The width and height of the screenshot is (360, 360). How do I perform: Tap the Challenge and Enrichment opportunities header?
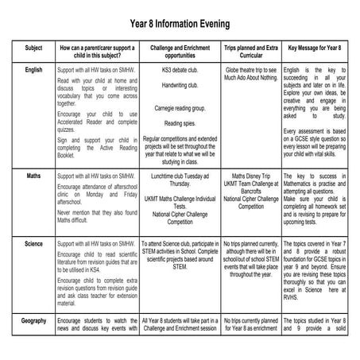click(x=180, y=52)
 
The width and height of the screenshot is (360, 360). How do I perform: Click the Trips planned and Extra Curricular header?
click(x=251, y=52)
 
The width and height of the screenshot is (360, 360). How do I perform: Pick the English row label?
click(x=33, y=70)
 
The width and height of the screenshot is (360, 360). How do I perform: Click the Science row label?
click(x=33, y=243)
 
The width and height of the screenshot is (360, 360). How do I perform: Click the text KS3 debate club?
click(x=180, y=70)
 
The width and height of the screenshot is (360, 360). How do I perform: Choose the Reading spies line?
click(x=180, y=124)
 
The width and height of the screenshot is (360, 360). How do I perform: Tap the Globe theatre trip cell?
click(x=251, y=74)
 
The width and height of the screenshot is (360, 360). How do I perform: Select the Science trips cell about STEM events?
click(x=251, y=258)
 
